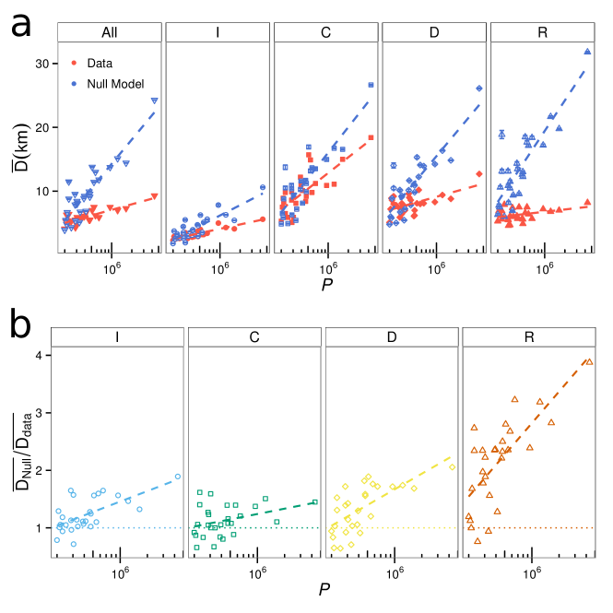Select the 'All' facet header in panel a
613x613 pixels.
[x=109, y=33]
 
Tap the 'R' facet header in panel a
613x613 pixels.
[x=543, y=33]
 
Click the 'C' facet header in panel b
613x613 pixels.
[x=254, y=337]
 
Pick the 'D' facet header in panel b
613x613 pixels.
[x=392, y=337]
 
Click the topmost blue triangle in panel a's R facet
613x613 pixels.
[x=587, y=52]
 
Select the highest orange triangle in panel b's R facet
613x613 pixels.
[x=590, y=361]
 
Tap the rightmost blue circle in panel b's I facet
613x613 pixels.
[x=178, y=477]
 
